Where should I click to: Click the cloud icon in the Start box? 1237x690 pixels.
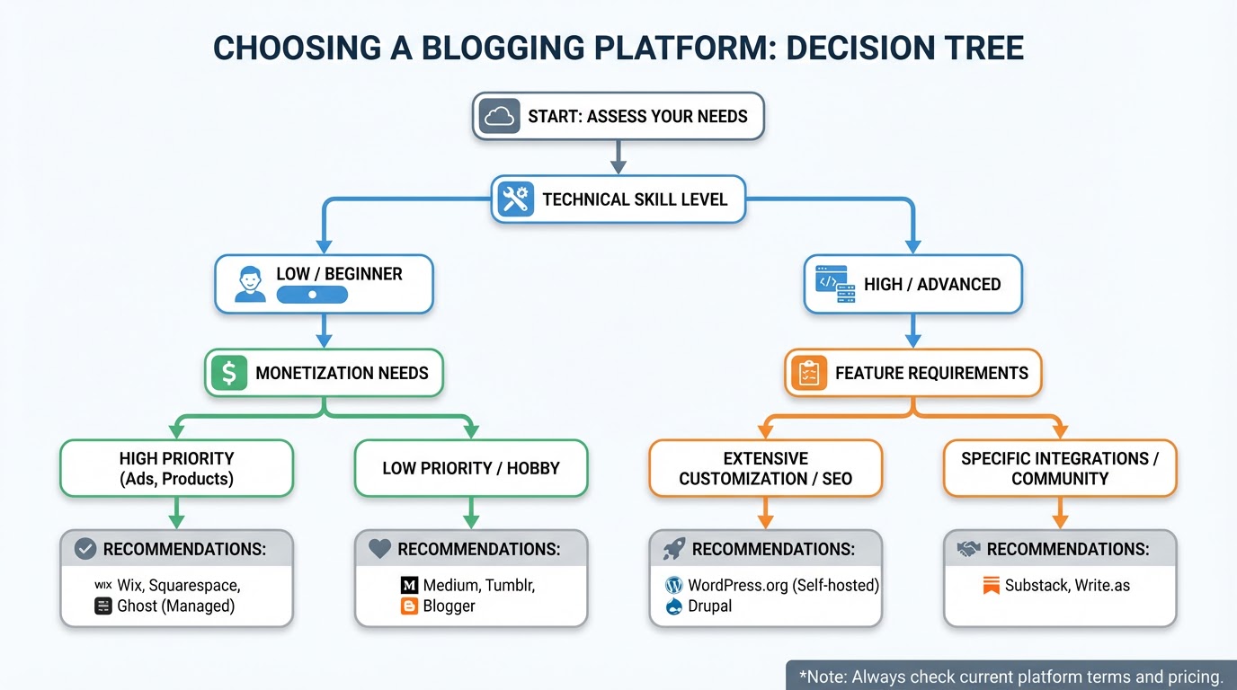[x=500, y=116]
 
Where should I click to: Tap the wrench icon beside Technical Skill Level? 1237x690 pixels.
[x=515, y=199]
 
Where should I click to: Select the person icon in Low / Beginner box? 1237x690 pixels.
[x=250, y=283]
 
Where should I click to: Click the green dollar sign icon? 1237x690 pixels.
[x=229, y=372]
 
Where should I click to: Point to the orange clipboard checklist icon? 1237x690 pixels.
[x=808, y=372]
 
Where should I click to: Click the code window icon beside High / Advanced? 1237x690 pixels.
[x=834, y=283]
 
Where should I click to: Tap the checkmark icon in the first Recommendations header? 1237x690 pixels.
[x=85, y=548]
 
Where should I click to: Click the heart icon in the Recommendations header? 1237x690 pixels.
[x=380, y=548]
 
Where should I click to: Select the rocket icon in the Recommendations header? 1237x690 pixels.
[x=674, y=548]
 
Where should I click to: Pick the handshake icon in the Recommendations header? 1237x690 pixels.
[x=968, y=548]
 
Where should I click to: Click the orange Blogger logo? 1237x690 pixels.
[x=409, y=606]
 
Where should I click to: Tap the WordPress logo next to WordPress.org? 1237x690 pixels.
[x=674, y=585]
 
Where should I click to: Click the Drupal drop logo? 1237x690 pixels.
[x=674, y=606]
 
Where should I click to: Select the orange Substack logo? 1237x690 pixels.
[x=991, y=586]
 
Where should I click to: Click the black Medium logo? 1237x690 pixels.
[x=409, y=585]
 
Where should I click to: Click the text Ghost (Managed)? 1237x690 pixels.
[x=175, y=606]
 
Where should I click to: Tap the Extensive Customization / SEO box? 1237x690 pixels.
[x=765, y=468]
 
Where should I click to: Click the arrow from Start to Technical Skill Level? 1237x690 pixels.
[x=618, y=158]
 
